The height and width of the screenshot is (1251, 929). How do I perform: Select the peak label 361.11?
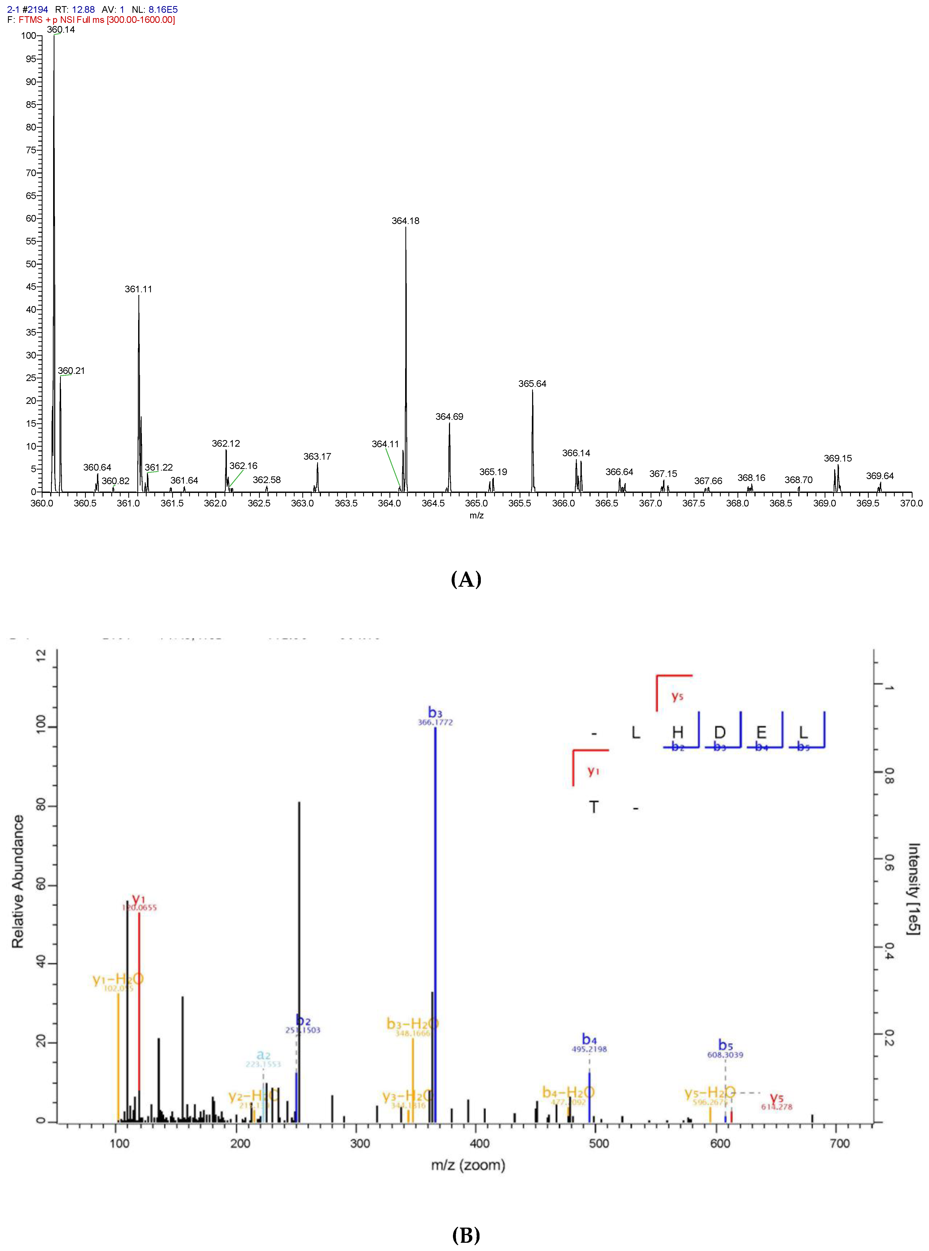pos(138,289)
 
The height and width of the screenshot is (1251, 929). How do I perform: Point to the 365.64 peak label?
pos(532,384)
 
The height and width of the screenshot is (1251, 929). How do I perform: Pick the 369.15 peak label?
pos(837,458)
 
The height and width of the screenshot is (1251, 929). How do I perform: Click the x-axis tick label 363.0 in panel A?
pos(303,503)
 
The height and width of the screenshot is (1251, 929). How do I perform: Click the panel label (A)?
pos(466,579)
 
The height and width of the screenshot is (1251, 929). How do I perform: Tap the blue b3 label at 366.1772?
pos(435,713)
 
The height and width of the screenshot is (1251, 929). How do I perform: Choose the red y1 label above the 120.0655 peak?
pos(138,899)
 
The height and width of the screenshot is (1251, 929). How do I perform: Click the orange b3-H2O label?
pos(412,1023)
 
